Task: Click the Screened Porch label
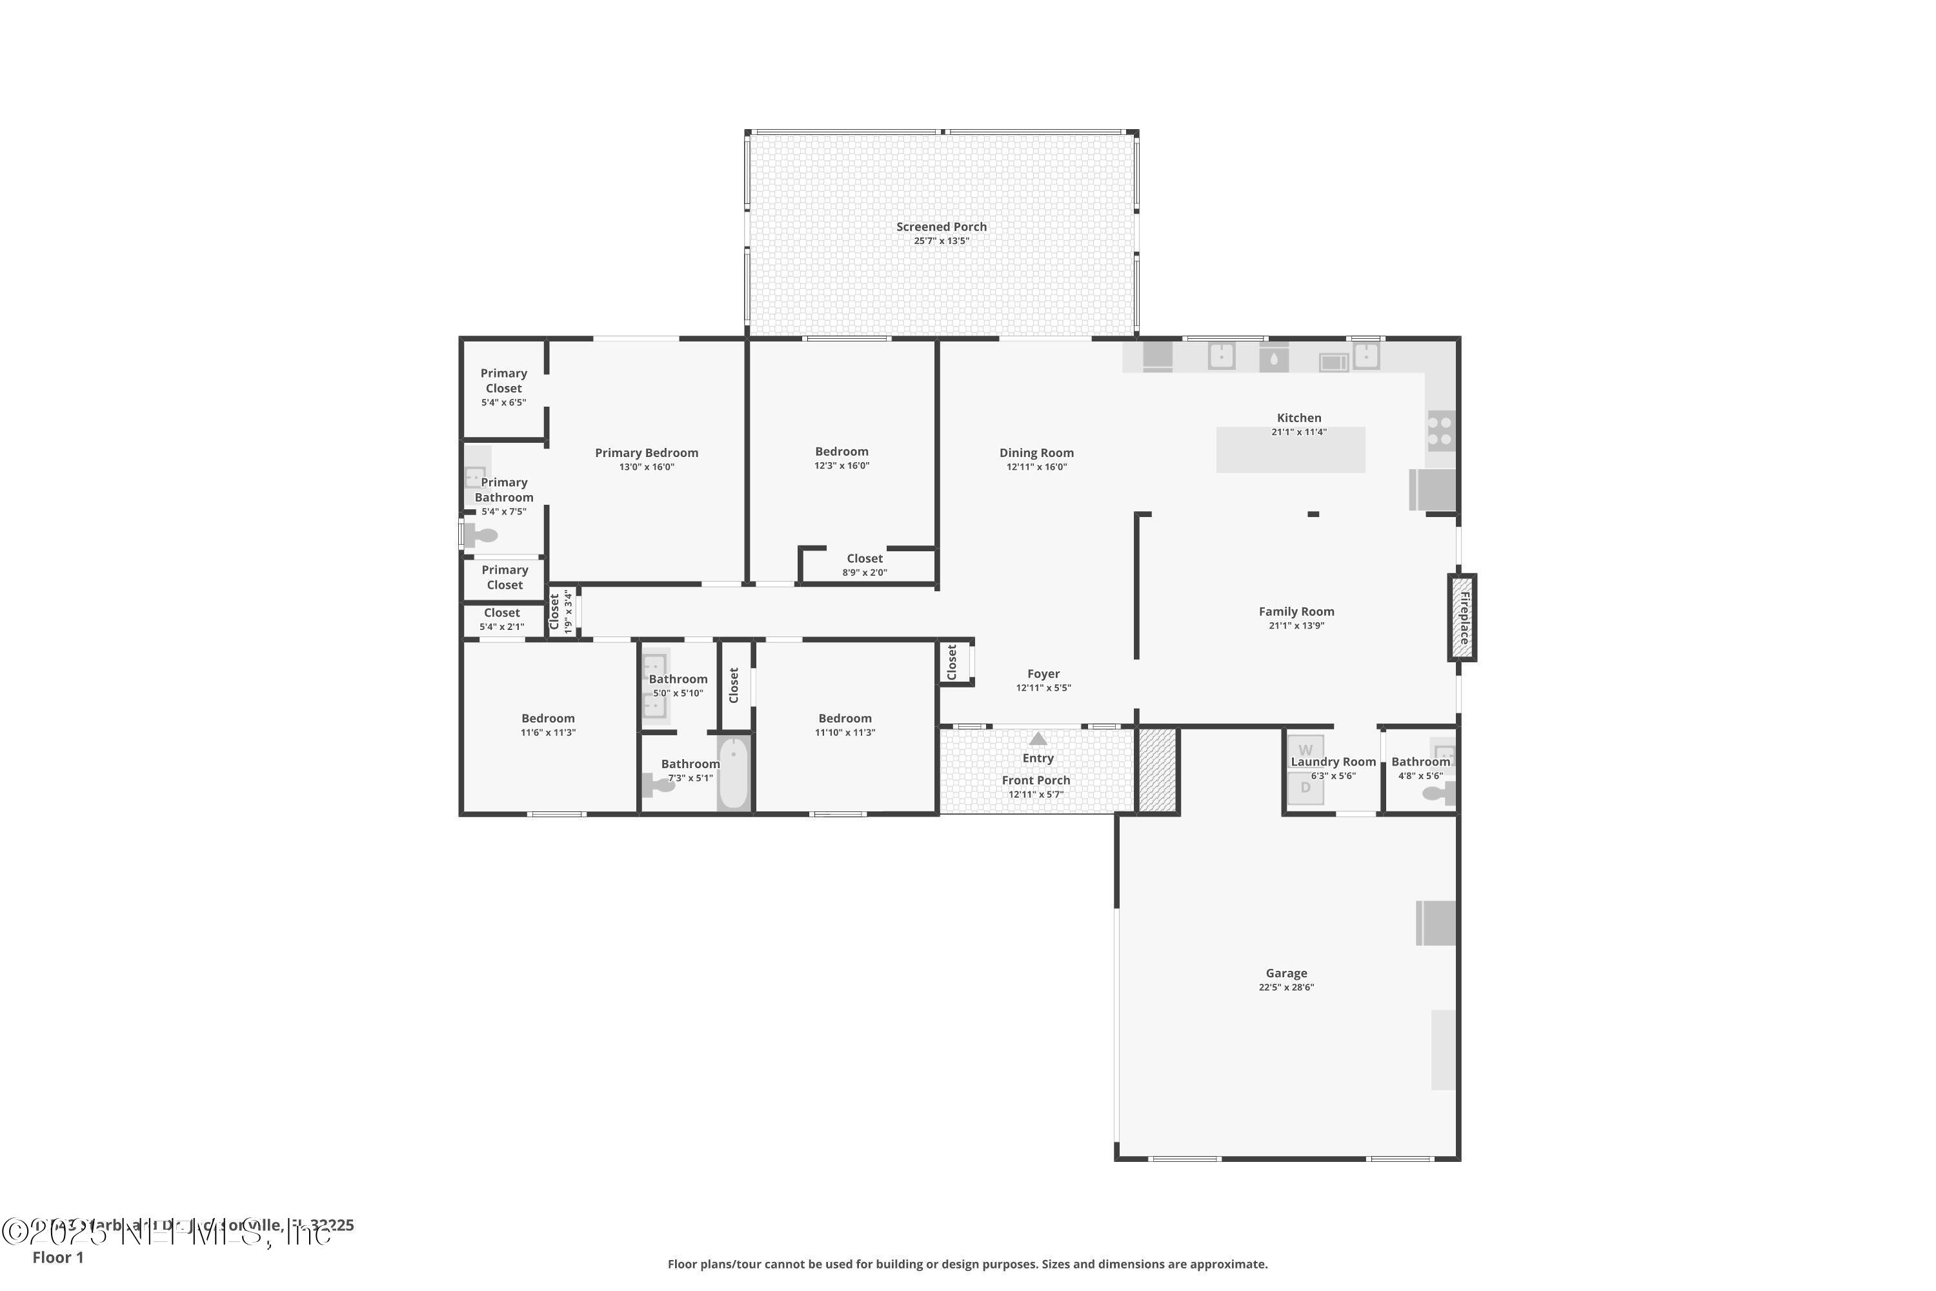(x=941, y=227)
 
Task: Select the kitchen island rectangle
(x=1290, y=451)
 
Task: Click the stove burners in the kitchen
(x=1440, y=431)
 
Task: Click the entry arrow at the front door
(x=1038, y=738)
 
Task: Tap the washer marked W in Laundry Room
(x=1305, y=749)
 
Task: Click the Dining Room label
(x=1036, y=453)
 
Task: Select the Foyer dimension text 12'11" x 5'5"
(x=1043, y=687)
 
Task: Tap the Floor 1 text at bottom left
(x=57, y=1257)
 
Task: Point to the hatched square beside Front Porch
(x=1156, y=771)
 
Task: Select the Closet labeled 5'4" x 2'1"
(x=501, y=619)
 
